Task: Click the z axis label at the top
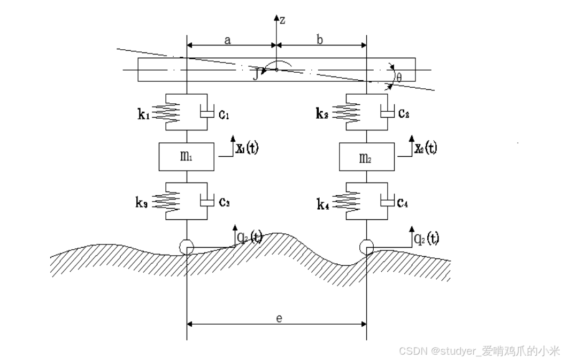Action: click(x=283, y=20)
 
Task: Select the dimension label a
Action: click(x=227, y=40)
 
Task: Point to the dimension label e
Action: click(x=278, y=318)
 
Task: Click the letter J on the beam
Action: click(x=256, y=74)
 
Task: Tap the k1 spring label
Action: click(x=144, y=113)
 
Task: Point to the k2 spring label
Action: click(x=325, y=113)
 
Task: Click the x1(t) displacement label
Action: click(x=247, y=148)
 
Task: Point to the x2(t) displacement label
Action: click(x=426, y=148)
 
